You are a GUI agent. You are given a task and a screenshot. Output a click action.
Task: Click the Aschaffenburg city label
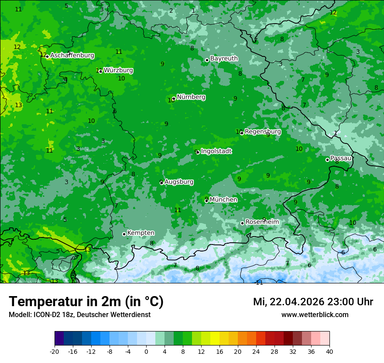[72, 56]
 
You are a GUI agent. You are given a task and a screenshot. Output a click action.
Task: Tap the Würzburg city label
[118, 70]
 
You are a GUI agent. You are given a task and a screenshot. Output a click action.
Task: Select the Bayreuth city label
[224, 59]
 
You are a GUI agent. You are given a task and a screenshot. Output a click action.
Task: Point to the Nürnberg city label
[191, 97]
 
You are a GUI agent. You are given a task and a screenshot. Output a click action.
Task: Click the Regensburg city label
[263, 132]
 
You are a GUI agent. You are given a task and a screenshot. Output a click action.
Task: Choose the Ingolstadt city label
[216, 151]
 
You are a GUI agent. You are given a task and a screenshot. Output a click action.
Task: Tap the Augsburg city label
[179, 182]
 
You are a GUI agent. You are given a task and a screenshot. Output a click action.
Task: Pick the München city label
[223, 200]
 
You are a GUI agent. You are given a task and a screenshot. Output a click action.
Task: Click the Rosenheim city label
[262, 222]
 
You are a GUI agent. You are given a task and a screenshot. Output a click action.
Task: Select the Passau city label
[341, 158]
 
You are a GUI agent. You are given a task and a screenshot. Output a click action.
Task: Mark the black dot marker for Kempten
[124, 234]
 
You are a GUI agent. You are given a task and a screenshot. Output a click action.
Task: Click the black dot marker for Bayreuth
[207, 60]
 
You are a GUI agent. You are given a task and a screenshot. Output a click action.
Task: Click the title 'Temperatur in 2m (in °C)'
[86, 302]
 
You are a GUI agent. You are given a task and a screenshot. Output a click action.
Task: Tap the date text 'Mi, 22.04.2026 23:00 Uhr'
[313, 302]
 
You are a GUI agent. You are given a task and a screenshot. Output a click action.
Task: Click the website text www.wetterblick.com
[315, 315]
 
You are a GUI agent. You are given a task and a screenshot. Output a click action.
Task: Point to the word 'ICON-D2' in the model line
[44, 315]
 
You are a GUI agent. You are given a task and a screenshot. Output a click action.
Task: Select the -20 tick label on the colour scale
[55, 352]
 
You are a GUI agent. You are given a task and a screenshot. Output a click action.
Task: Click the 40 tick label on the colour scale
[329, 352]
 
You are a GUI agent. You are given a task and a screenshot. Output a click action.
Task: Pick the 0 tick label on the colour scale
[146, 352]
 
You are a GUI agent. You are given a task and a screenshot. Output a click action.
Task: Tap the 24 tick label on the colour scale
[256, 352]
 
